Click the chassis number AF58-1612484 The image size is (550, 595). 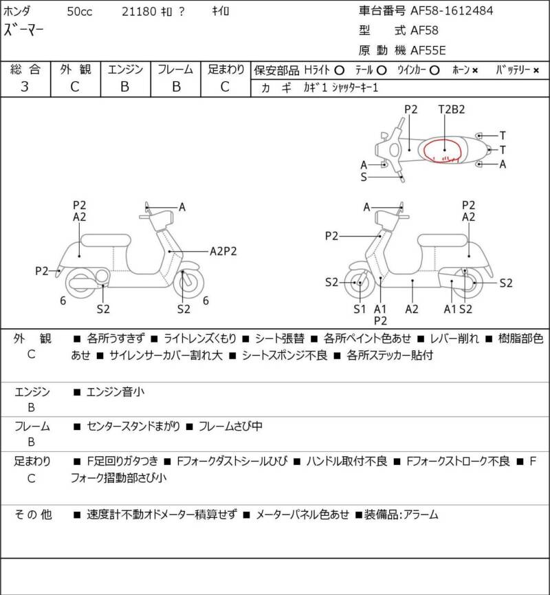(451, 10)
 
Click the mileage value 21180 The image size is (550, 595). (136, 11)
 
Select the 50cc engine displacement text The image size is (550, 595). (82, 11)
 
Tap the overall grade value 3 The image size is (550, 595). (25, 87)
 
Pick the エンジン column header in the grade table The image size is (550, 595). (125, 69)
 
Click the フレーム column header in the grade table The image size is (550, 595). (175, 69)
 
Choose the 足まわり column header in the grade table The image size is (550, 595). (226, 69)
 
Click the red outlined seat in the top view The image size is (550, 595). (444, 149)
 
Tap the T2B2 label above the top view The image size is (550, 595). (452, 109)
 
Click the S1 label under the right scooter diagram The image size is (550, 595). (360, 309)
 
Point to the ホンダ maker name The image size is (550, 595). (21, 11)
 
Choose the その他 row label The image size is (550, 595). (34, 514)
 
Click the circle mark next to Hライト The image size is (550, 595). (339, 70)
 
